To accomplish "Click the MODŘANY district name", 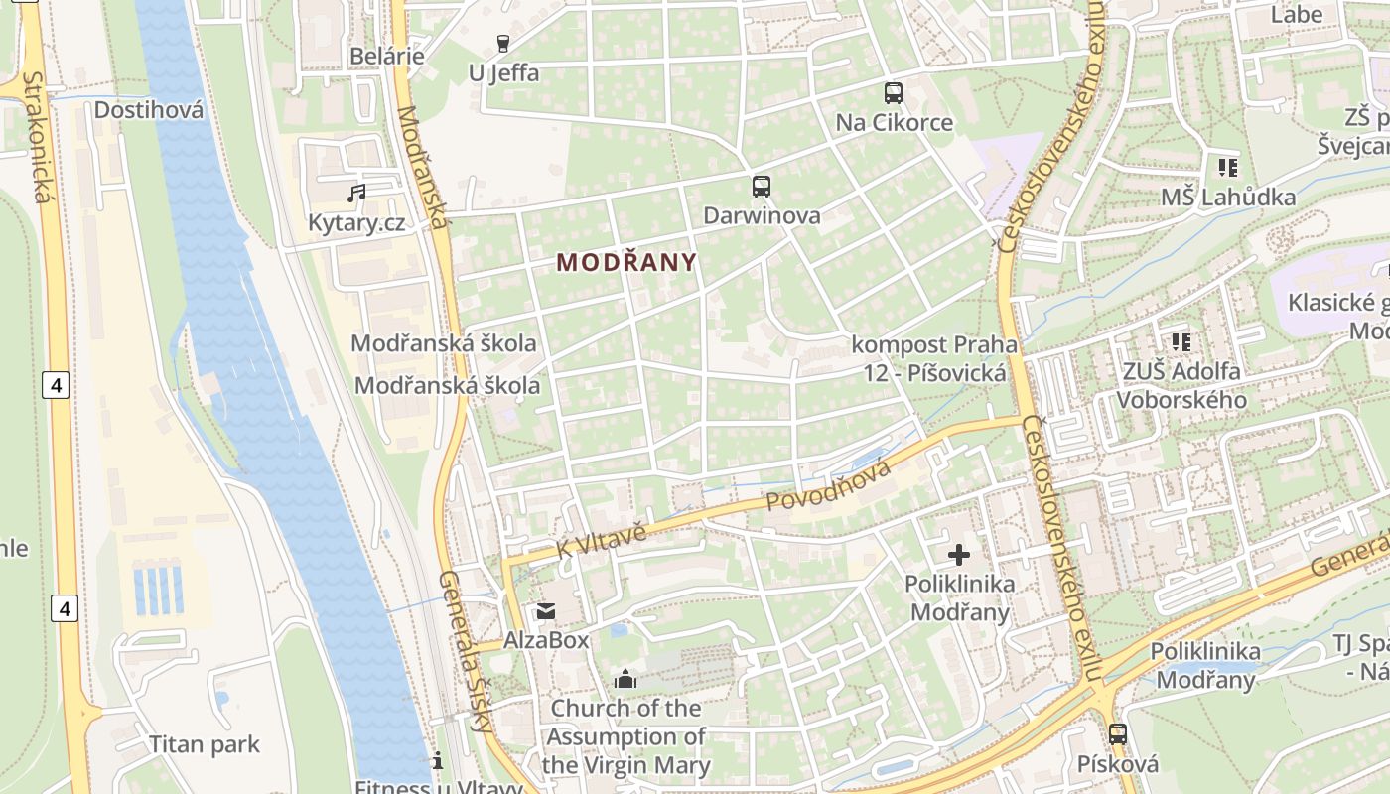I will click(626, 262).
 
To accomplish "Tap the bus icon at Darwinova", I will click(762, 187).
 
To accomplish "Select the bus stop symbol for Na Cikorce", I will click(894, 93).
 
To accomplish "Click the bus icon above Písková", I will click(1118, 734).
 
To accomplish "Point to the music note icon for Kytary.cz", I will click(356, 193).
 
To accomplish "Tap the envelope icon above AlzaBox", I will click(546, 611).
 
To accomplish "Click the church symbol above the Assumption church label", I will click(625, 679).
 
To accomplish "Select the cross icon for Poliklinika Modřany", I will click(959, 554).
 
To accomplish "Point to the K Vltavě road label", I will click(602, 541).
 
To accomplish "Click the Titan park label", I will click(205, 744).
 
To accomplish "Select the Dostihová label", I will click(149, 109).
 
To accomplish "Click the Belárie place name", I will click(387, 56).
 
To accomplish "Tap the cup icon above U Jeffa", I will click(502, 43).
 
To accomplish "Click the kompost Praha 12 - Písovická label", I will click(934, 358).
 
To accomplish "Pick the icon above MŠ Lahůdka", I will click(1228, 168).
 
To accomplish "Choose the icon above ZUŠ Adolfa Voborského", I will click(1181, 342).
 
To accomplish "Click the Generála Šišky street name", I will click(466, 650).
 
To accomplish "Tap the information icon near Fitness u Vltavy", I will click(438, 761).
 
